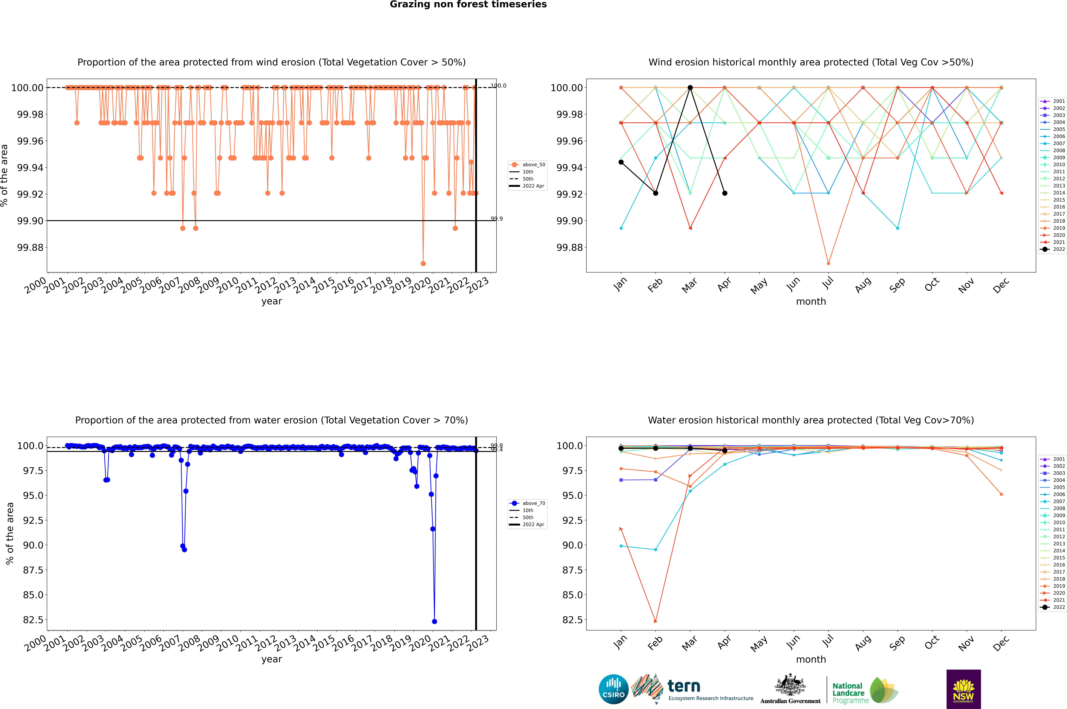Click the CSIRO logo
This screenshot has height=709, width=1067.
tap(613, 689)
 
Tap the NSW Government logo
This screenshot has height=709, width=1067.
tap(963, 689)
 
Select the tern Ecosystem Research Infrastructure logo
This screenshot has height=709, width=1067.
tap(692, 689)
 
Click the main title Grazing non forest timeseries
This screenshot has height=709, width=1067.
tap(468, 4)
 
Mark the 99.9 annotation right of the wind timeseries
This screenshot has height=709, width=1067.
tap(497, 219)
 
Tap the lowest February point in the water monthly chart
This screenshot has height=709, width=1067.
tap(655, 621)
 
